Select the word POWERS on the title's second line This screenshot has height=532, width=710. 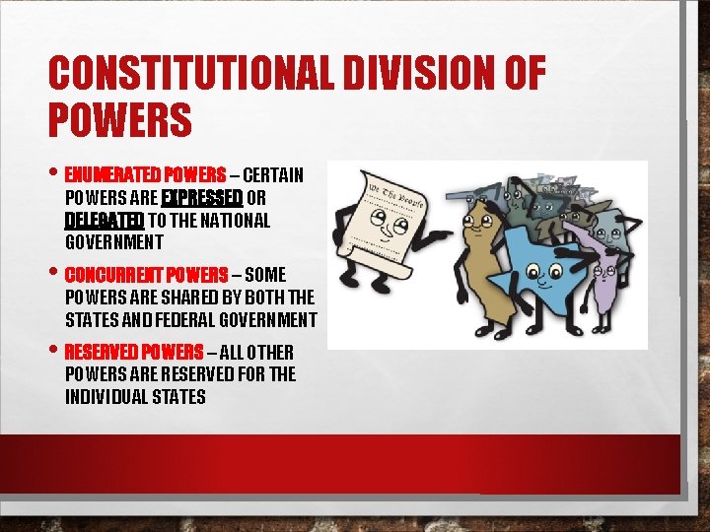[x=119, y=120]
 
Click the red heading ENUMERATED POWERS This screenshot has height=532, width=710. [x=145, y=176]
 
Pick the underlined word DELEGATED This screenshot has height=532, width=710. [x=105, y=220]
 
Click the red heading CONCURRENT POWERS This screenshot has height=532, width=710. [x=146, y=274]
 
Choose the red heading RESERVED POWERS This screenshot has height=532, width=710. [x=134, y=352]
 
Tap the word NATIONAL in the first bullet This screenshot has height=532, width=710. [x=235, y=220]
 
